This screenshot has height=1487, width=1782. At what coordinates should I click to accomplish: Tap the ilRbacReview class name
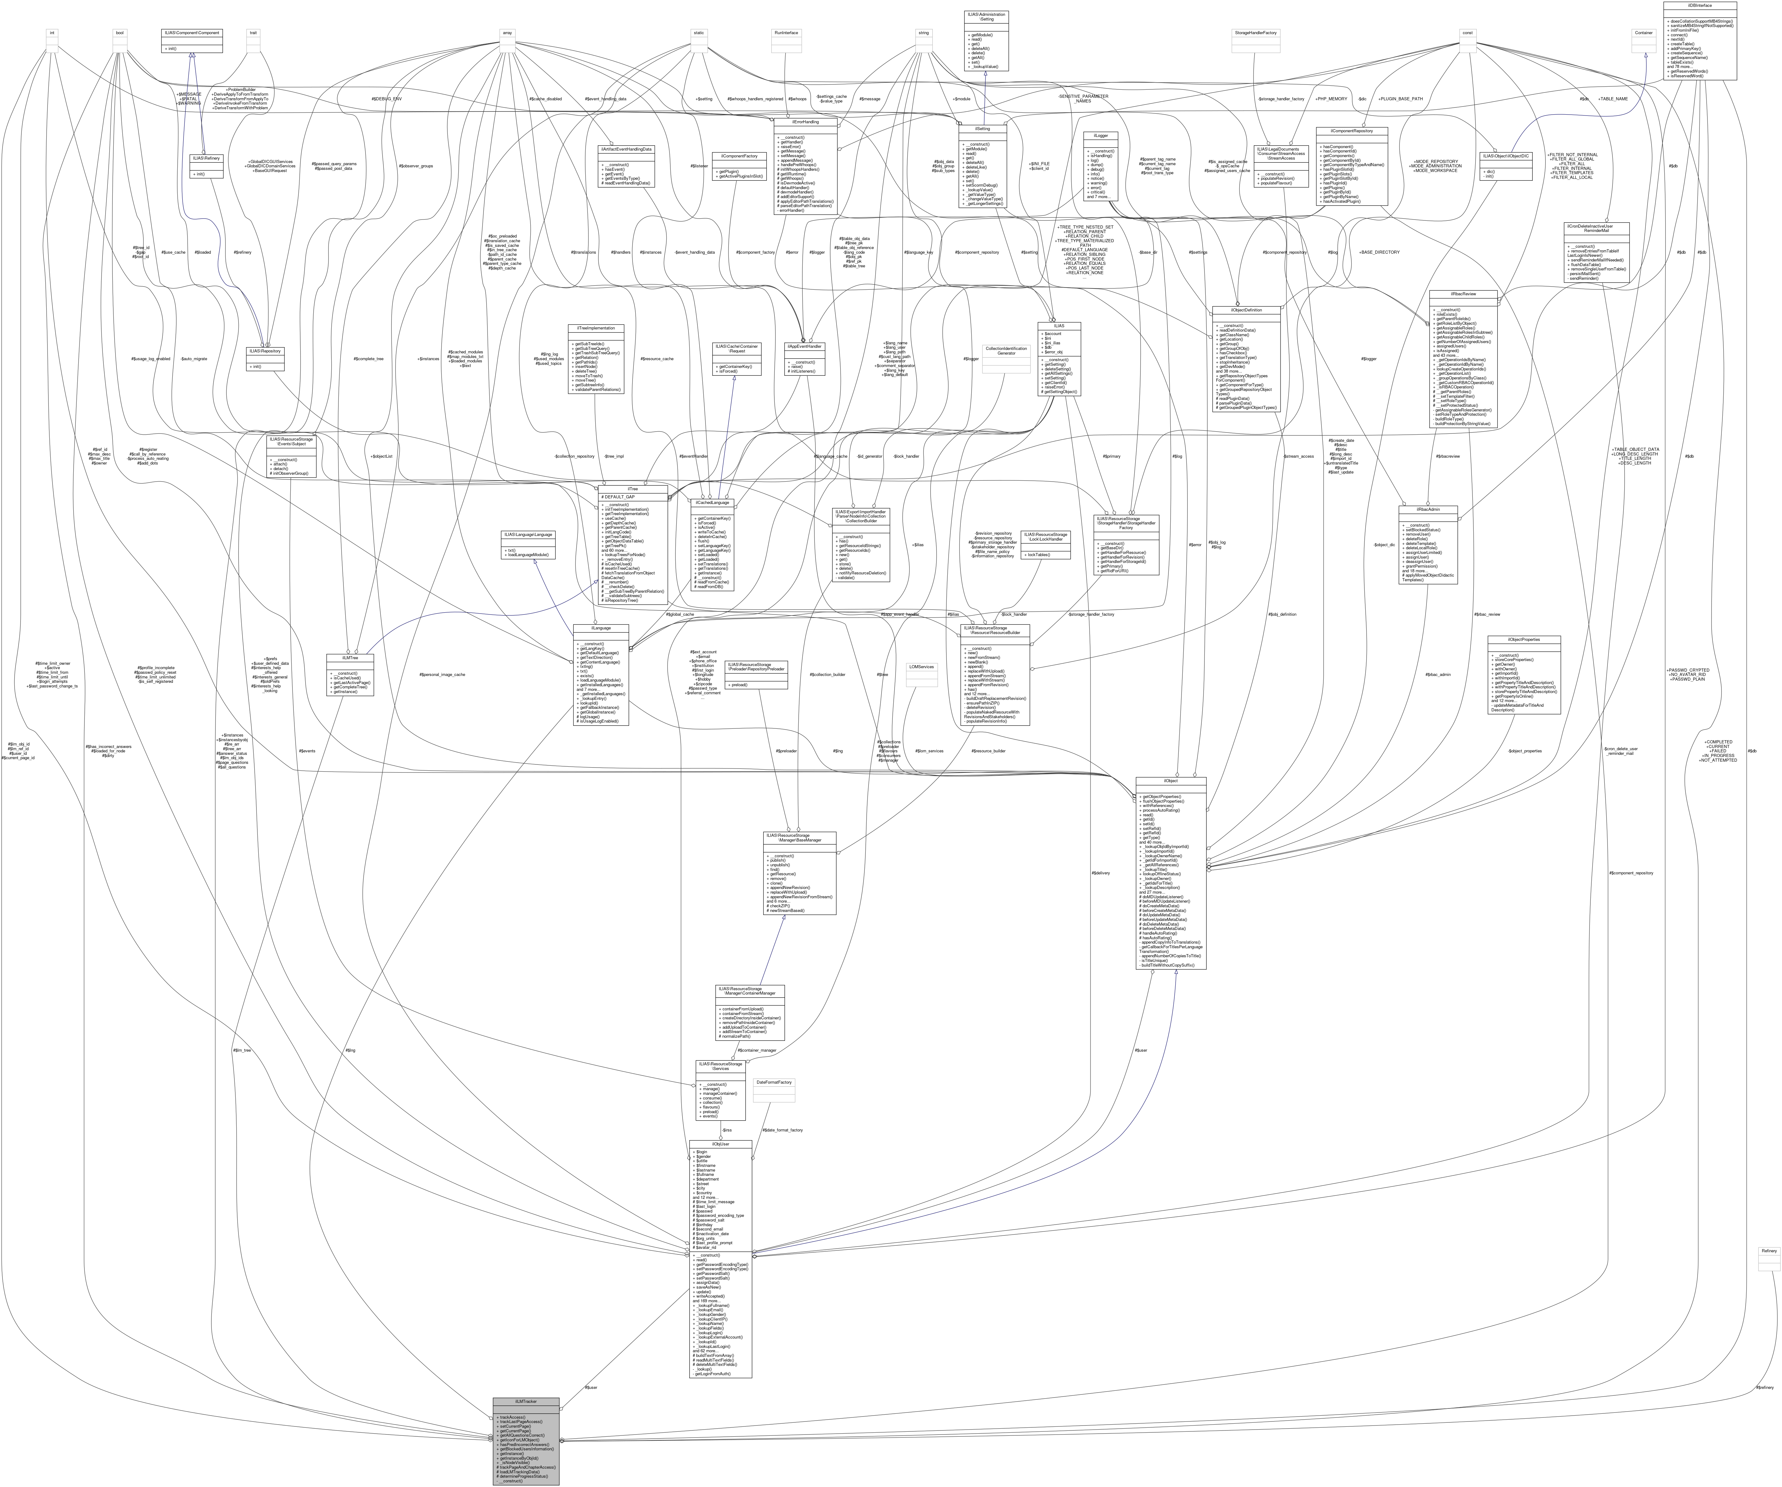[1463, 294]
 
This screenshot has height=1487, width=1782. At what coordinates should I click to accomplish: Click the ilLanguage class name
[601, 629]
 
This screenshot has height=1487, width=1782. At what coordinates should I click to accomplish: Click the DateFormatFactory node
[773, 1082]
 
